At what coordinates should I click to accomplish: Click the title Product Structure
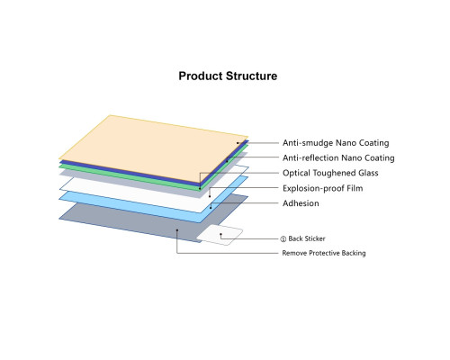tap(228, 76)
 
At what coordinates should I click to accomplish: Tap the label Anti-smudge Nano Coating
tap(336, 143)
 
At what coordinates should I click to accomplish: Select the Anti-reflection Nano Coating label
tap(338, 157)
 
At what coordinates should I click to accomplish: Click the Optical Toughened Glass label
tap(330, 173)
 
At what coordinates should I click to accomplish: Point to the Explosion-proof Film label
tap(322, 188)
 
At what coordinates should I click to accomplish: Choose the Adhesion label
tap(301, 203)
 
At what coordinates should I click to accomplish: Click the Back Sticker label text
tap(307, 238)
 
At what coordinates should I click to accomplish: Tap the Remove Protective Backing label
tap(324, 253)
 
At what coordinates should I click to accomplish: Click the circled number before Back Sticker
tap(283, 239)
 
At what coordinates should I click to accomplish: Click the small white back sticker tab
tap(220, 235)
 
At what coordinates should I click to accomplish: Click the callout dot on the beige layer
tap(238, 143)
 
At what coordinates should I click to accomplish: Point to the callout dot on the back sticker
tap(220, 234)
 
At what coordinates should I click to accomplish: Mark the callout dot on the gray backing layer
tap(177, 230)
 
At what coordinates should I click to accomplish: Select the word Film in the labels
tap(355, 188)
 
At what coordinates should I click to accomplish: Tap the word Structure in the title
tap(251, 76)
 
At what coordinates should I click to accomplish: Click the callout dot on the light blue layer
tap(211, 208)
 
